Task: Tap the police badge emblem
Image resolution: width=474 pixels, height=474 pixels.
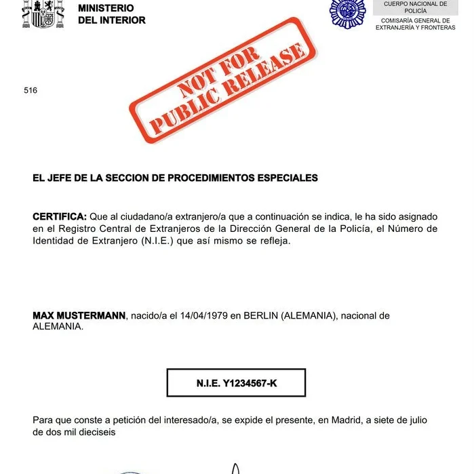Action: pos(347,12)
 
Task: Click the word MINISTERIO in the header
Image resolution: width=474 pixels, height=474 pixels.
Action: pos(106,8)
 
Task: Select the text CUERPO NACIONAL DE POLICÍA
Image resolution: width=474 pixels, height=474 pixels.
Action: pos(416,7)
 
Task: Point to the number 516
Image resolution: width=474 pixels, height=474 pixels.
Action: pos(30,90)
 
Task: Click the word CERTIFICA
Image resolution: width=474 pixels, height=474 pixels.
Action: pos(59,216)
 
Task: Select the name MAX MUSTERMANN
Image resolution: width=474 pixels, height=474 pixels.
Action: pos(79,316)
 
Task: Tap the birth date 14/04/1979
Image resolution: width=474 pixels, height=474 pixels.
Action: pos(205,316)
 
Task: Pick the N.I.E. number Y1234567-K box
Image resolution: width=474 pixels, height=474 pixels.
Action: pos(236,383)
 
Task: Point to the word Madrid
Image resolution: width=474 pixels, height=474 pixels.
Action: pos(346,420)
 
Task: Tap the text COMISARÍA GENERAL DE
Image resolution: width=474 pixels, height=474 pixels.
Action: pos(416,20)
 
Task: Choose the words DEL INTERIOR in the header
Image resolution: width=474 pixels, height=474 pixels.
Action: pos(112,20)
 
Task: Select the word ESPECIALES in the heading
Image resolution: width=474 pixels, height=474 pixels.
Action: pos(292,178)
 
